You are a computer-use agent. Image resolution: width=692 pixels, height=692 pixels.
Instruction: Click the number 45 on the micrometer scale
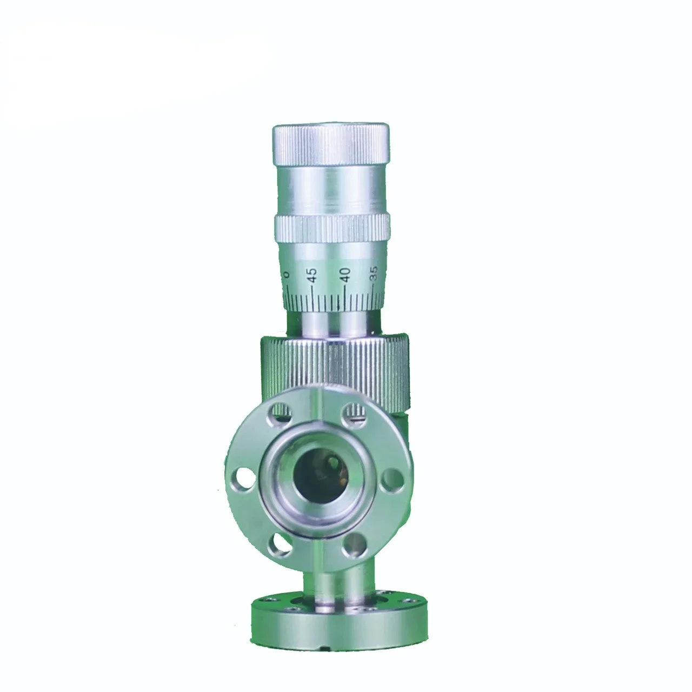(311, 276)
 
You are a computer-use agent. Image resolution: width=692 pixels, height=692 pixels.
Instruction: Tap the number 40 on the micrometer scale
(345, 274)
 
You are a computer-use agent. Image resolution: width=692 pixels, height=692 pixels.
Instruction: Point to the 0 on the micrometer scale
(287, 274)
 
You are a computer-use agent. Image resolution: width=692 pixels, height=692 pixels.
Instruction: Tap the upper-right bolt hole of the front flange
(354, 412)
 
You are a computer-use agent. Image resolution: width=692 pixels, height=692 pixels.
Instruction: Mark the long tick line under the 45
(312, 296)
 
